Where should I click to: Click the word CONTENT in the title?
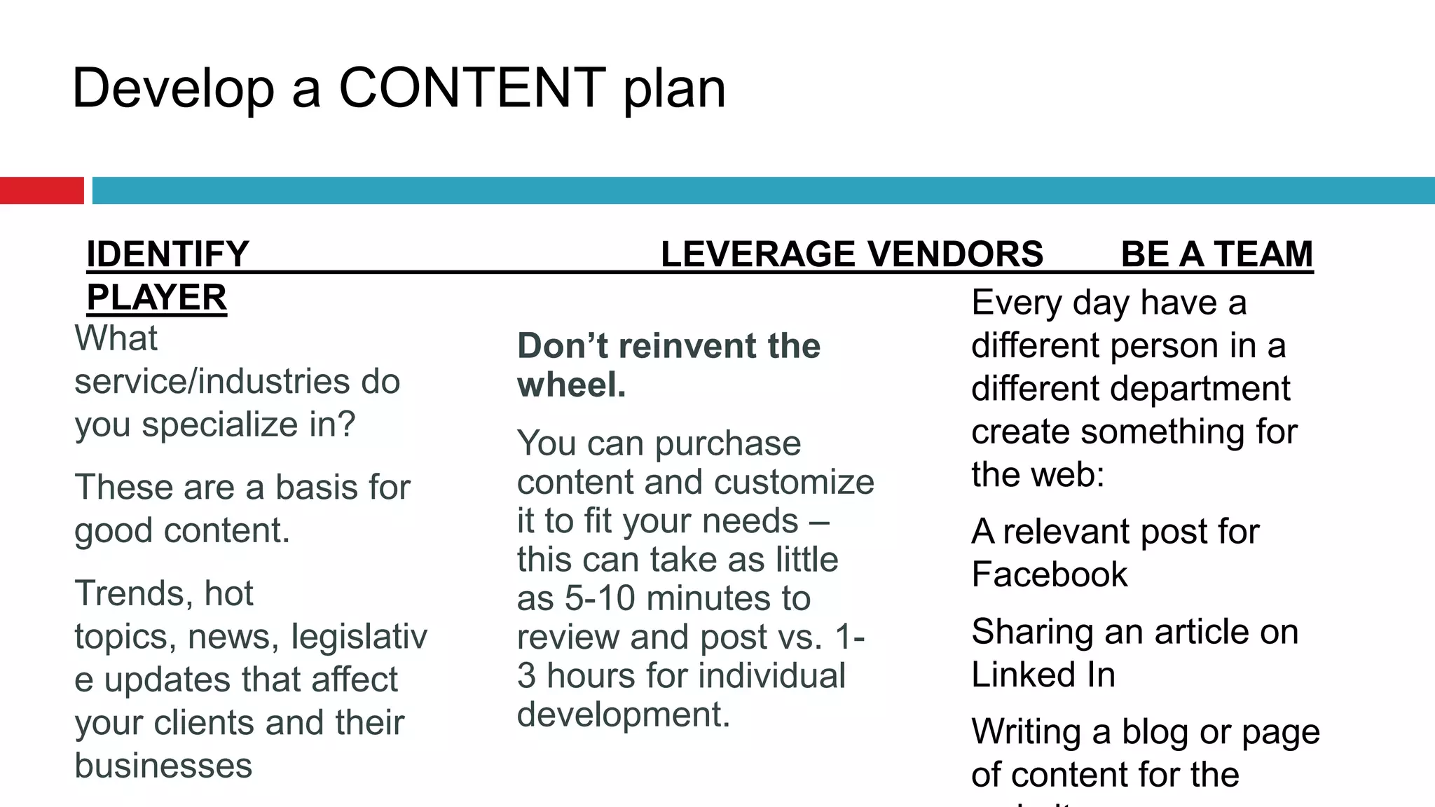coord(472,88)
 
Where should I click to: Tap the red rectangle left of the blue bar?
coord(41,191)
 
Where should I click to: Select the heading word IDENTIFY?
coord(167,254)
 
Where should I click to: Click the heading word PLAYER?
coord(157,298)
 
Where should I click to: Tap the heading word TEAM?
coord(1263,254)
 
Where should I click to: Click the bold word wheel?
coord(571,385)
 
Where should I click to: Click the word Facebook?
coord(1049,575)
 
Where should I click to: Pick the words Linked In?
coord(1043,675)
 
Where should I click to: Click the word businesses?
coord(163,766)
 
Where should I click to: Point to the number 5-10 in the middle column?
coord(600,599)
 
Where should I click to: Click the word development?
coord(623,715)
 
